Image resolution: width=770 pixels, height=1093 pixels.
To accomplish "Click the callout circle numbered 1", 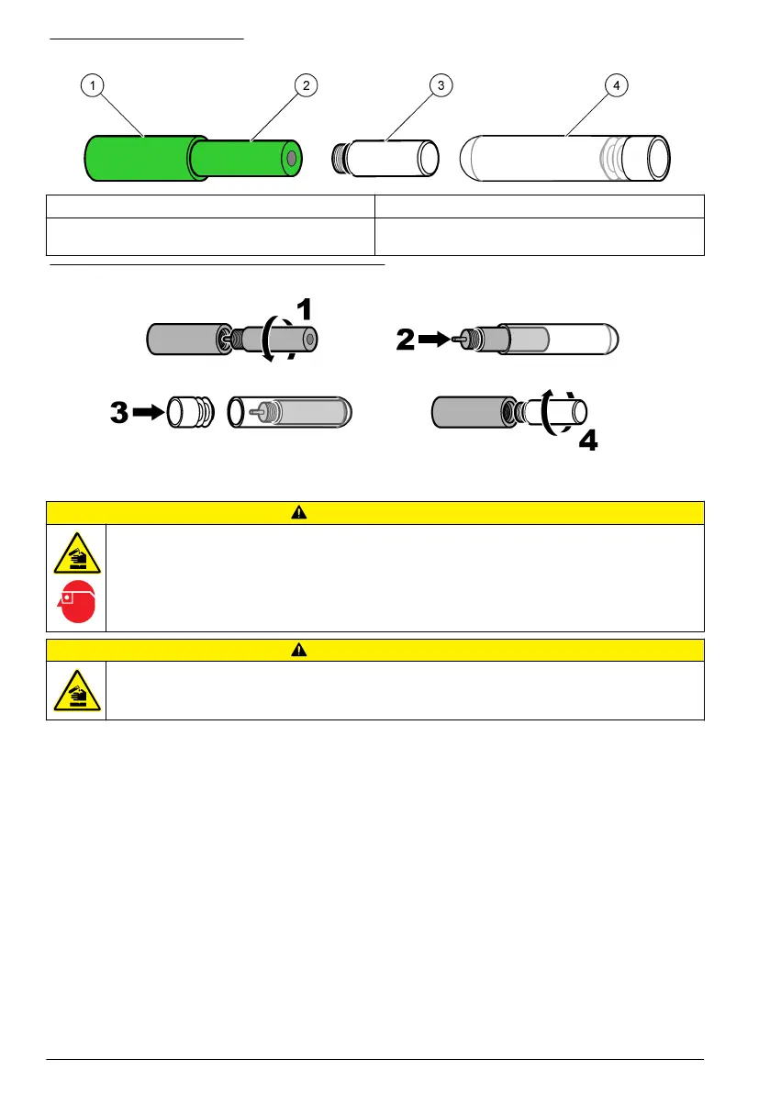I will tap(91, 85).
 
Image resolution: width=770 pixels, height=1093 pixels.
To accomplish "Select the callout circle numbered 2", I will tap(306, 85).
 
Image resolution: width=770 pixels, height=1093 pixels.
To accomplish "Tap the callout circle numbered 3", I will tap(441, 85).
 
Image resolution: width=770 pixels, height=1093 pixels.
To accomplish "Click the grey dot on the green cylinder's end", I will tap(292, 159).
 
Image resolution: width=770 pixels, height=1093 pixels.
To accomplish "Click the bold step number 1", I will tap(304, 309).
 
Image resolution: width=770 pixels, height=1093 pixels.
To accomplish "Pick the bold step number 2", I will tap(405, 340).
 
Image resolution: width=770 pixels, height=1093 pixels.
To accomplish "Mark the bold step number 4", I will tap(587, 442).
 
